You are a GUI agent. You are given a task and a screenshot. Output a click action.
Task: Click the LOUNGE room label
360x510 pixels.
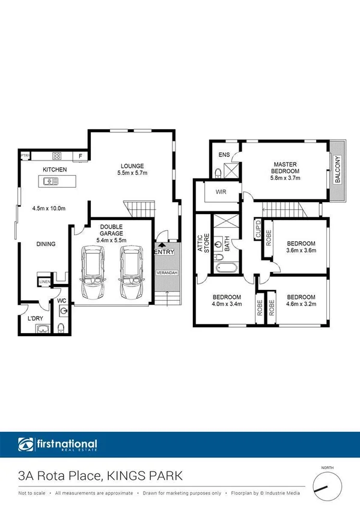(132, 166)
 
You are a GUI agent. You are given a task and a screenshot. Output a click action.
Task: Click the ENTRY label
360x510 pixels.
(164, 252)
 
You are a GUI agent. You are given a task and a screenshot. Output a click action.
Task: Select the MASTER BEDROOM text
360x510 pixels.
(285, 168)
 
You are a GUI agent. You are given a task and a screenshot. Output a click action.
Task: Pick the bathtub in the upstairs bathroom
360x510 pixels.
(220, 266)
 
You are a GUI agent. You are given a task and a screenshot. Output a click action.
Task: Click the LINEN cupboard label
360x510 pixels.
(44, 281)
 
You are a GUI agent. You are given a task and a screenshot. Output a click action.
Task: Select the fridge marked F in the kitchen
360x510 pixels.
(81, 157)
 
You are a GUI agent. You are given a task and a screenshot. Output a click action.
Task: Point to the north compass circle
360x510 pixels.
(327, 485)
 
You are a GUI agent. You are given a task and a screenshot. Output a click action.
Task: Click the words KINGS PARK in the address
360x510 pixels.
(144, 477)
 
